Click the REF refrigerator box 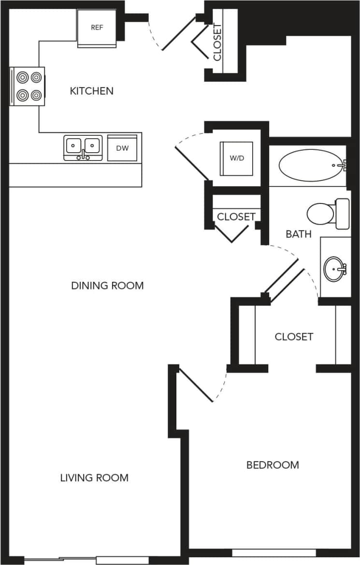tap(97, 28)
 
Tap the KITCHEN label tap(92, 91)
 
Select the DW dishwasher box tap(122, 148)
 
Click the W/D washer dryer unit tap(236, 158)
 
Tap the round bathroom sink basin tap(335, 268)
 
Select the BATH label tap(299, 234)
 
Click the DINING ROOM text tap(107, 285)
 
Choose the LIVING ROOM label tap(94, 478)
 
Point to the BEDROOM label tap(273, 465)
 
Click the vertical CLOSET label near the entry tap(217, 43)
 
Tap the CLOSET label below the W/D tap(236, 217)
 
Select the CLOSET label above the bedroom tap(294, 336)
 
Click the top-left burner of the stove tap(22, 77)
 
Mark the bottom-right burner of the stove tap(36, 95)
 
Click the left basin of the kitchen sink tap(73, 145)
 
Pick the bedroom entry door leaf tap(195, 385)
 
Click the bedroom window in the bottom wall tap(274, 552)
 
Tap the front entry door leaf tap(178, 34)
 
